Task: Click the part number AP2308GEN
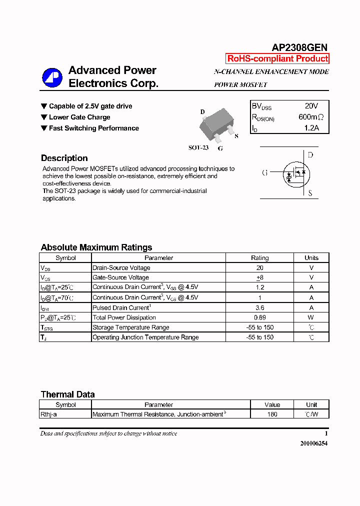(299, 47)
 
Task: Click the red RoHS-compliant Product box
(277, 58)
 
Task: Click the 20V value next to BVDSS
(311, 106)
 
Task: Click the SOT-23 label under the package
(198, 148)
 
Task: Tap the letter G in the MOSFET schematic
(265, 173)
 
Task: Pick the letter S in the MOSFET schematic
(310, 193)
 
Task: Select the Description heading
(64, 158)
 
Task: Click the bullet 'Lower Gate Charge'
(79, 117)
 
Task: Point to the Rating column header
(259, 258)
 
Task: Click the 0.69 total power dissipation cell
(259, 317)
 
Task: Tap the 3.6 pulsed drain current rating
(259, 307)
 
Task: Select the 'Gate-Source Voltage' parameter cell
(120, 277)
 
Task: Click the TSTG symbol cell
(47, 327)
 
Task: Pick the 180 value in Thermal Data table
(272, 414)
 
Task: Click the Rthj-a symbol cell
(52, 414)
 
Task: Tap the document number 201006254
(314, 443)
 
